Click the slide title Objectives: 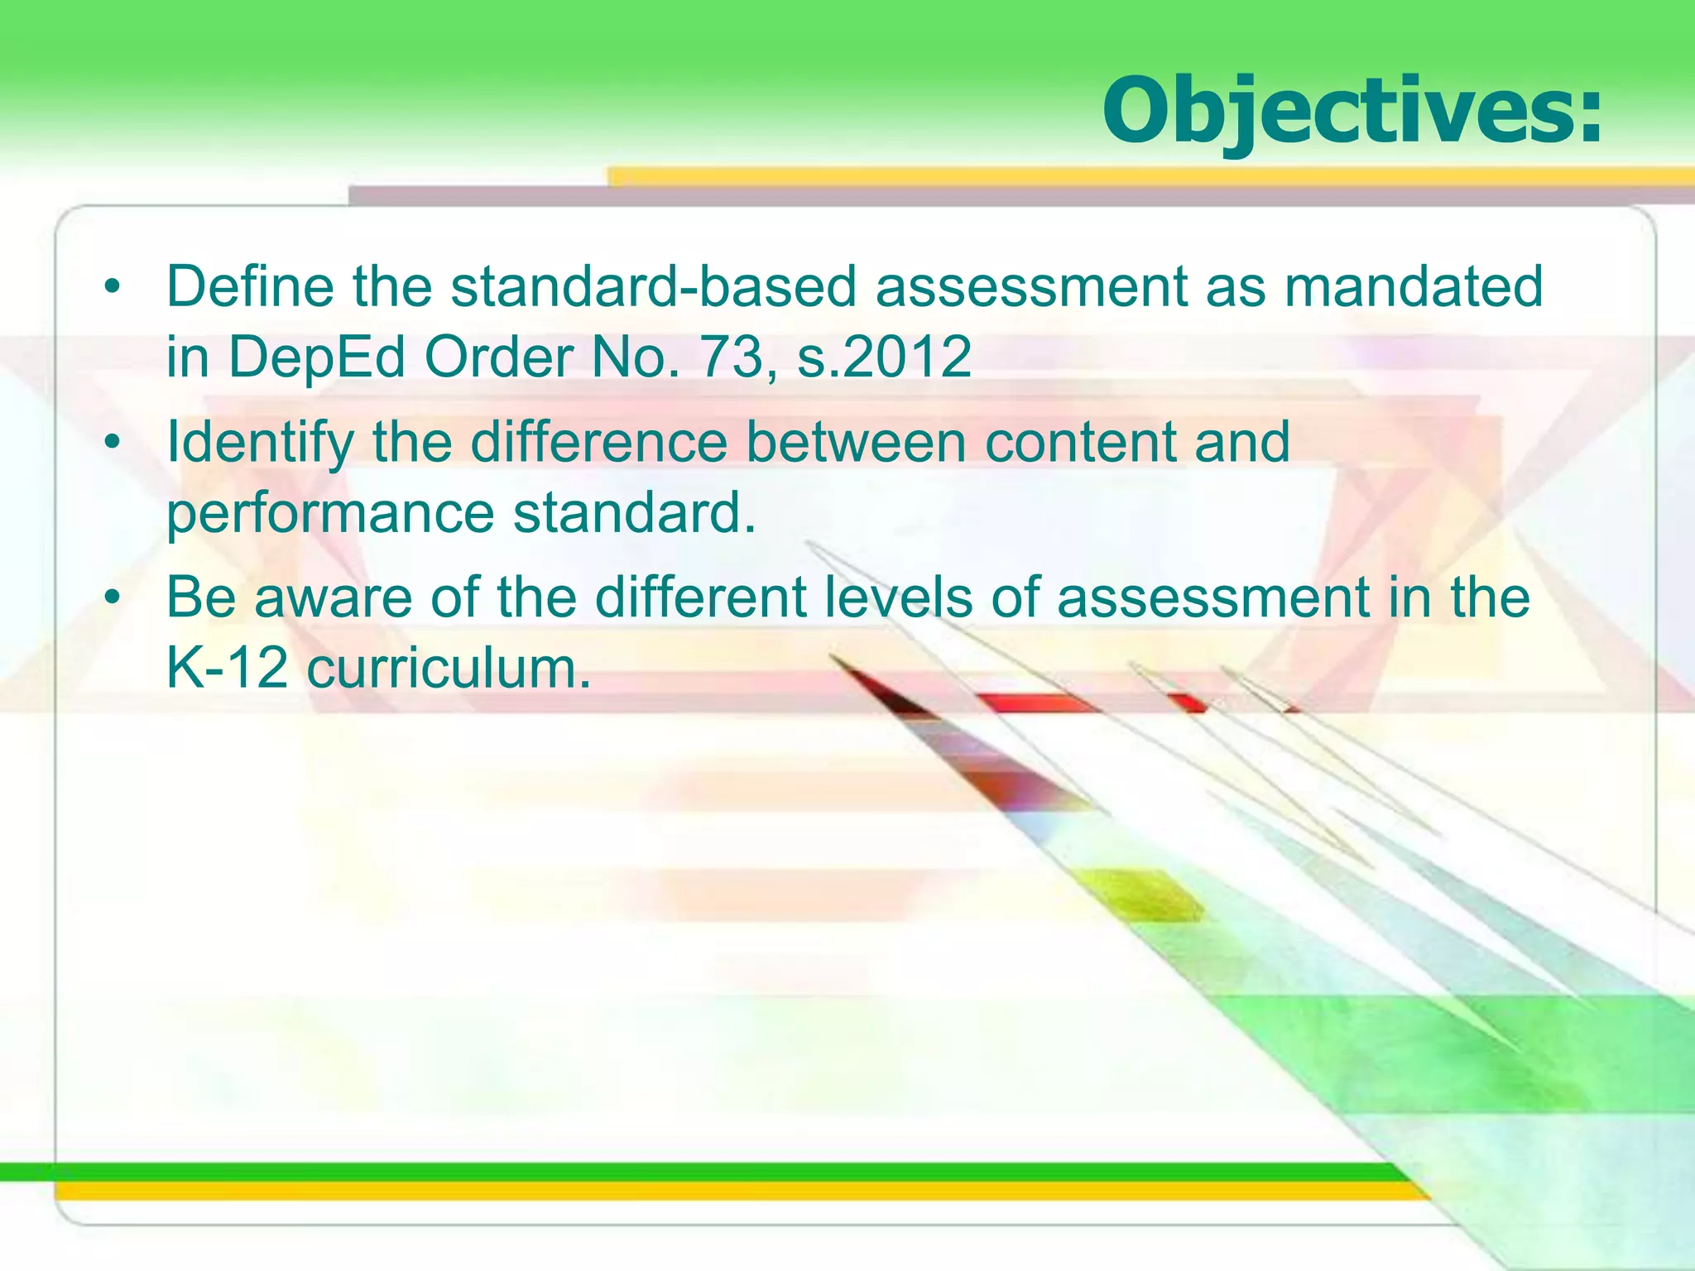point(1352,111)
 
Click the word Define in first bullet point(250,287)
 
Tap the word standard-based point(653,287)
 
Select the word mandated point(1414,287)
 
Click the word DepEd point(317,357)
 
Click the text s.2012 point(884,357)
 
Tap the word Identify point(260,442)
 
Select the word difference point(598,442)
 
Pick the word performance point(330,514)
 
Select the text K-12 point(227,668)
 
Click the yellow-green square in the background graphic point(1142,894)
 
